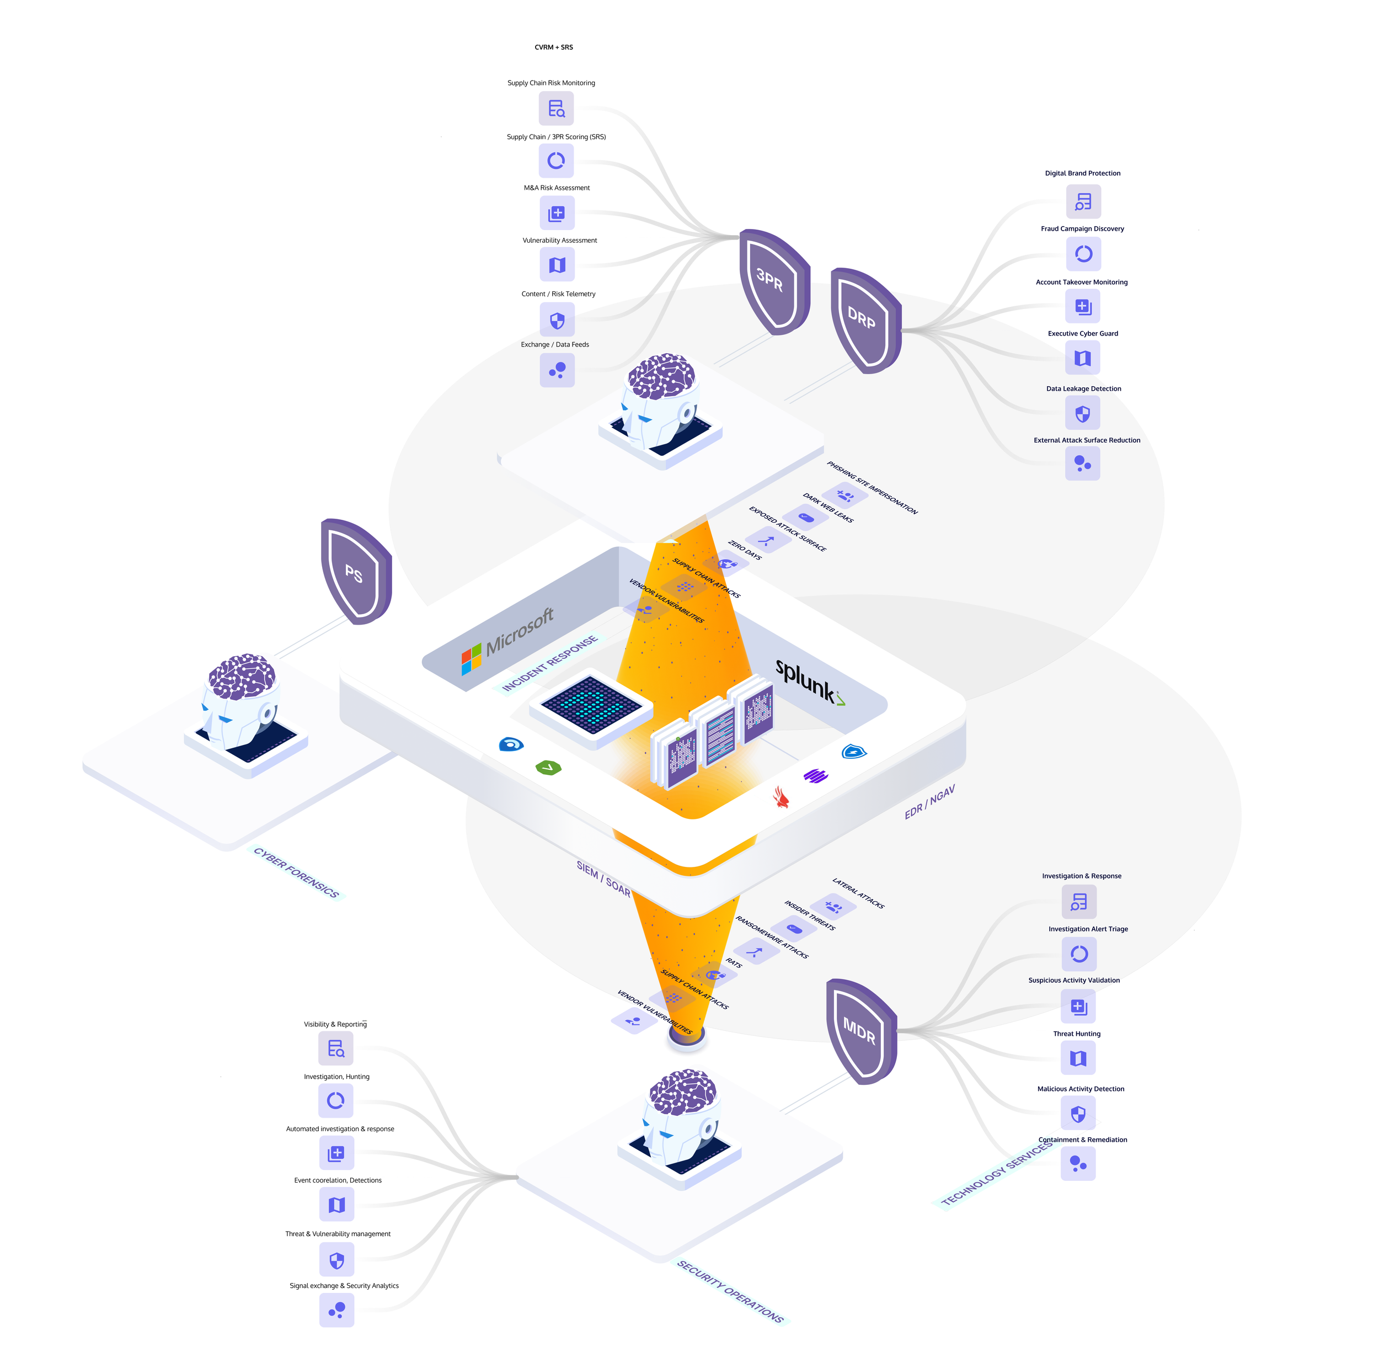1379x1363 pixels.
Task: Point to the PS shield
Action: pyautogui.click(x=355, y=571)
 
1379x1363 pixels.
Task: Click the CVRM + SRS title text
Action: pyautogui.click(x=553, y=47)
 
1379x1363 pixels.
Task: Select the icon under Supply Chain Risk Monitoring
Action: pyautogui.click(x=556, y=109)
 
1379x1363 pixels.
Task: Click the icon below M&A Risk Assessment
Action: pyautogui.click(x=557, y=213)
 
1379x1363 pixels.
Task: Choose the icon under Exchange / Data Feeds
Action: pyautogui.click(x=557, y=370)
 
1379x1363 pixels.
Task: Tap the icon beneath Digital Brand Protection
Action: pyautogui.click(x=1083, y=202)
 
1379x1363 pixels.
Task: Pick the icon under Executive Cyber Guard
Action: pyautogui.click(x=1082, y=358)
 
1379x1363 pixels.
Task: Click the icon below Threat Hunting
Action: pyautogui.click(x=1078, y=1058)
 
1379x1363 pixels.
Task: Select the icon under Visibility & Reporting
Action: pyautogui.click(x=335, y=1048)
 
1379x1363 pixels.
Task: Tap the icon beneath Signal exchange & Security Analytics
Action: pyautogui.click(x=336, y=1310)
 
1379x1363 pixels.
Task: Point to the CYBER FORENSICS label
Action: pyautogui.click(x=296, y=872)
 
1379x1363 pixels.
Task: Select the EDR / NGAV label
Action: pyautogui.click(x=929, y=802)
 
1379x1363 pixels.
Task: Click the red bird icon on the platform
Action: pyautogui.click(x=782, y=797)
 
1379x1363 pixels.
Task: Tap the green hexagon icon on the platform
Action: pyautogui.click(x=548, y=768)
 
